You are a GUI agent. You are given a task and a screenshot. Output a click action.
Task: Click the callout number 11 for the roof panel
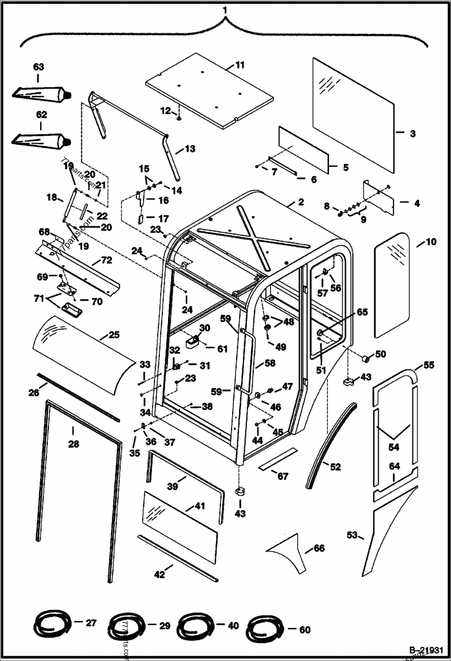pos(240,65)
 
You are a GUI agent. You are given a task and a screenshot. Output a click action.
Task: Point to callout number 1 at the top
pos(225,10)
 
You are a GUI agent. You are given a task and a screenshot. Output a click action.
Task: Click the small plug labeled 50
pos(365,358)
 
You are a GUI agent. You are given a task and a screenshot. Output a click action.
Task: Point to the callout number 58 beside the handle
pos(270,364)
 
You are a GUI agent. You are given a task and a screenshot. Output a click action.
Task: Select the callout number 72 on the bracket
pos(107,260)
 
